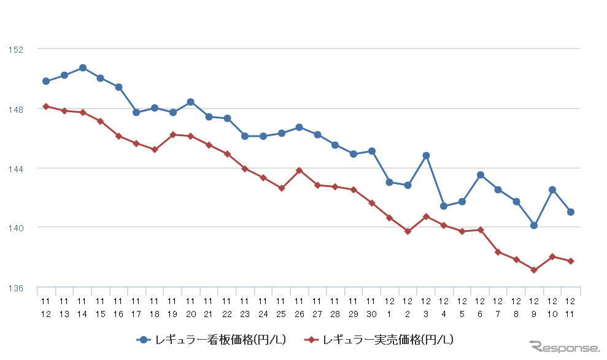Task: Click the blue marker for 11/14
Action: click(82, 67)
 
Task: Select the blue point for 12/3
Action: click(426, 155)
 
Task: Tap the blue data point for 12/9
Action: click(534, 225)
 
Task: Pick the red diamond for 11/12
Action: click(46, 106)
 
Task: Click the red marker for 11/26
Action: click(299, 170)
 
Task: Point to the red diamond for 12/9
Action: click(534, 270)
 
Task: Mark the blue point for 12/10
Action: click(552, 190)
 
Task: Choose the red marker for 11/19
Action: click(172, 134)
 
